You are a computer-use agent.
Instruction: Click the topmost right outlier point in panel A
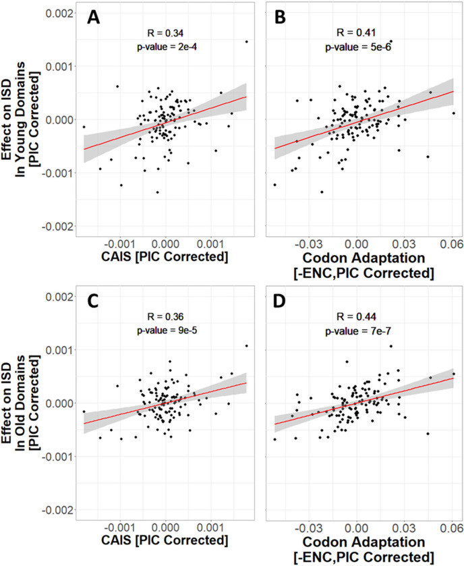[x=247, y=42]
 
